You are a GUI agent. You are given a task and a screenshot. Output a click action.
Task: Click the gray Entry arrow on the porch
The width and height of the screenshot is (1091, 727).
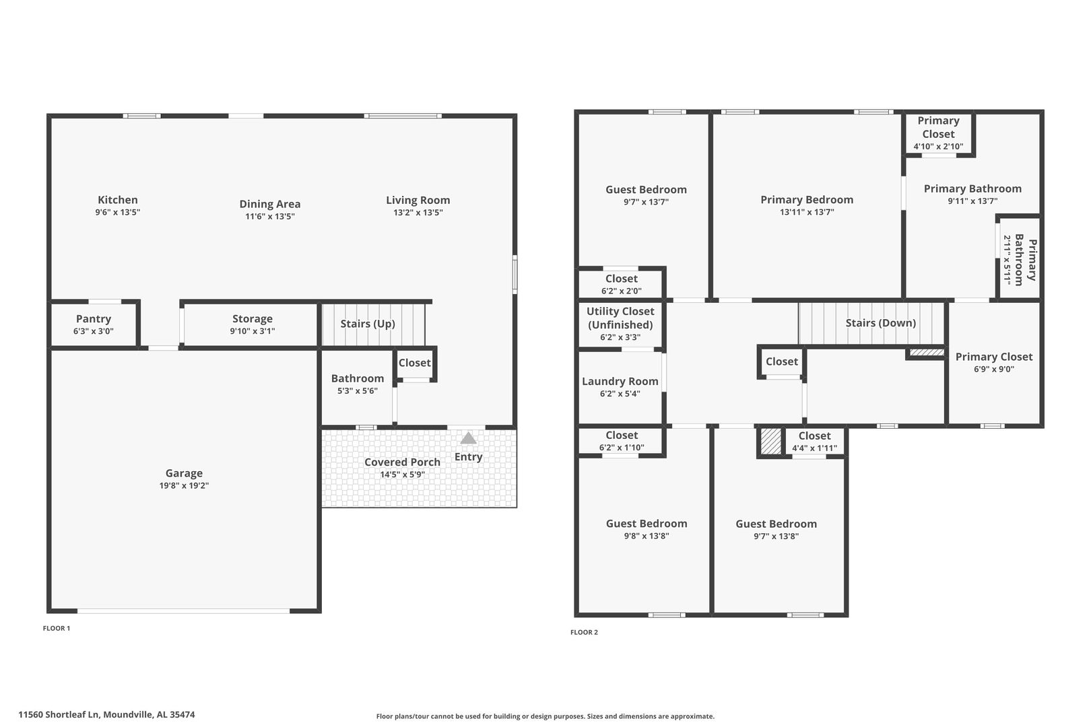(468, 438)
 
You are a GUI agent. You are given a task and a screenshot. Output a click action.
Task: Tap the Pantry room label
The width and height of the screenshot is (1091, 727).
(94, 318)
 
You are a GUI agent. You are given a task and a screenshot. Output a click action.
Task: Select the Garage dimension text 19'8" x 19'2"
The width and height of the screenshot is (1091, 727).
(184, 485)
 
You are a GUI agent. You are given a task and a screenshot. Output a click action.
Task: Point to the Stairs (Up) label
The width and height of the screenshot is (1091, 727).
(368, 324)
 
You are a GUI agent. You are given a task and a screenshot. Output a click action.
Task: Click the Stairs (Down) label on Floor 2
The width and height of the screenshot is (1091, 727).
(881, 323)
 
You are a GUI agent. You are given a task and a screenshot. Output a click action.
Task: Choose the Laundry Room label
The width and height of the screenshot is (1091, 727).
(620, 381)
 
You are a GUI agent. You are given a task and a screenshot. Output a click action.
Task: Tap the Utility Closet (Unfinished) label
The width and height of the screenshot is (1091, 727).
(620, 318)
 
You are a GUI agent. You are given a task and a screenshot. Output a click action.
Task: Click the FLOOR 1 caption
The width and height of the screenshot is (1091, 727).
(57, 628)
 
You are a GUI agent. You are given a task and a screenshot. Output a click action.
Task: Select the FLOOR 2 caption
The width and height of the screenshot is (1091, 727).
(584, 632)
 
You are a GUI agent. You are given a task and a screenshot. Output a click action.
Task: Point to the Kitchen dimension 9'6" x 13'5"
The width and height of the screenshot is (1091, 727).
(118, 212)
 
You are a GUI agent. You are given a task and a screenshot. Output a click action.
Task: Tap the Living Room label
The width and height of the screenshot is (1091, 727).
(418, 200)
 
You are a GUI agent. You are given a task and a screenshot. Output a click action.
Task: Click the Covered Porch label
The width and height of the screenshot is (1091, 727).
(402, 462)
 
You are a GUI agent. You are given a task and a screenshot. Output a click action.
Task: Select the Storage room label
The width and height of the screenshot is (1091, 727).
(253, 318)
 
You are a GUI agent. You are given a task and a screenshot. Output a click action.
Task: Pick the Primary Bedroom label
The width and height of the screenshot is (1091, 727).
(807, 199)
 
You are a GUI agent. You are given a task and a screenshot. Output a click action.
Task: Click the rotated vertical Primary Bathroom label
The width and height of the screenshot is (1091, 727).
(1025, 260)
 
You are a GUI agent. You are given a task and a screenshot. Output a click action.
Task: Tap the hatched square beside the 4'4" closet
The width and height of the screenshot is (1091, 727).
(771, 441)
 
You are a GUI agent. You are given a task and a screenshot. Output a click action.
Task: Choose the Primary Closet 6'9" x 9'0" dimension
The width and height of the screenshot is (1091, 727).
(994, 369)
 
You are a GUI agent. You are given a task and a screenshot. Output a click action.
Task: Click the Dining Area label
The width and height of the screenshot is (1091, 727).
(270, 203)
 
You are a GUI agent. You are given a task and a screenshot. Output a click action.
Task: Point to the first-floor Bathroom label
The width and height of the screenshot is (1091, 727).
(358, 378)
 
